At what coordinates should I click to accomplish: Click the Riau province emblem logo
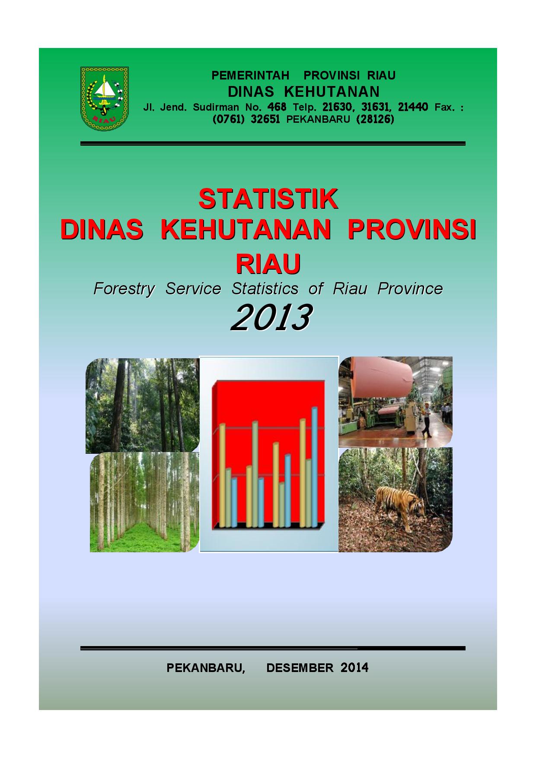(x=105, y=99)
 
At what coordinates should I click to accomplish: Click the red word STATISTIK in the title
(x=268, y=199)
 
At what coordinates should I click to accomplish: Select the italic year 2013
(x=271, y=317)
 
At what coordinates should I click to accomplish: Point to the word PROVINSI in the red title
(x=412, y=230)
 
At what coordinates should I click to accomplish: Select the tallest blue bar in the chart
(x=315, y=467)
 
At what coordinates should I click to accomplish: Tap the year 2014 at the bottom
(x=354, y=668)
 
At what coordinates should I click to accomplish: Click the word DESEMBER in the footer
(x=300, y=668)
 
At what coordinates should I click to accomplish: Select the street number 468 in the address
(x=277, y=107)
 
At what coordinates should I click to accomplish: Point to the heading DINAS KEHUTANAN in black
(x=304, y=92)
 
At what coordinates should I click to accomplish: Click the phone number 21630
(x=337, y=107)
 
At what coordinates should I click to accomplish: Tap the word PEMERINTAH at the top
(x=250, y=76)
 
